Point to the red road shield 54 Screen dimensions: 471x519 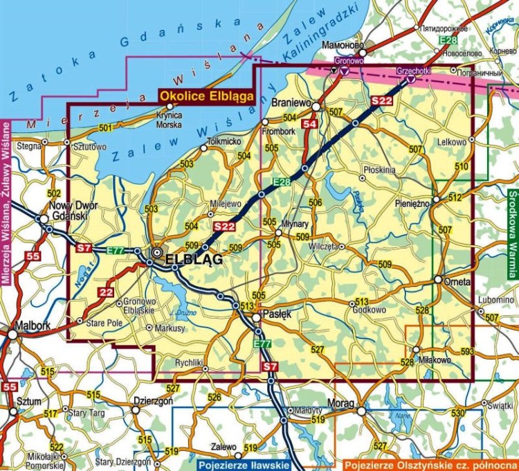click(309, 124)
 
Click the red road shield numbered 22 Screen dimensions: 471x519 click(105, 292)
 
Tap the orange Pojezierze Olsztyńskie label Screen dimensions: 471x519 click(430, 464)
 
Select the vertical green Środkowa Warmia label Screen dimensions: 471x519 click(512, 236)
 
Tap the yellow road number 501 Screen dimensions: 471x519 click(105, 128)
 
